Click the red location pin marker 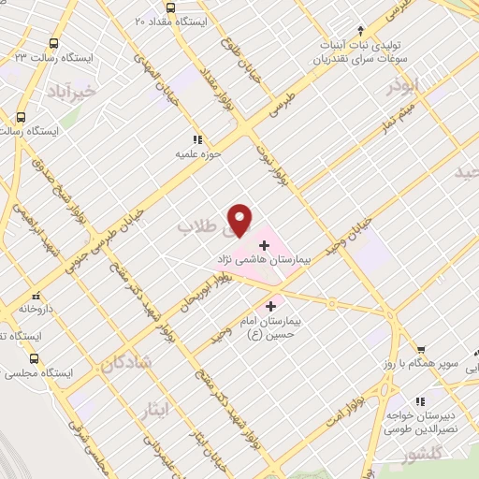[x=240, y=218]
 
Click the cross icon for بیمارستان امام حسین [x=271, y=305]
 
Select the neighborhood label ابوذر [x=405, y=87]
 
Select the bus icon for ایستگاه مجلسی [x=34, y=358]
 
